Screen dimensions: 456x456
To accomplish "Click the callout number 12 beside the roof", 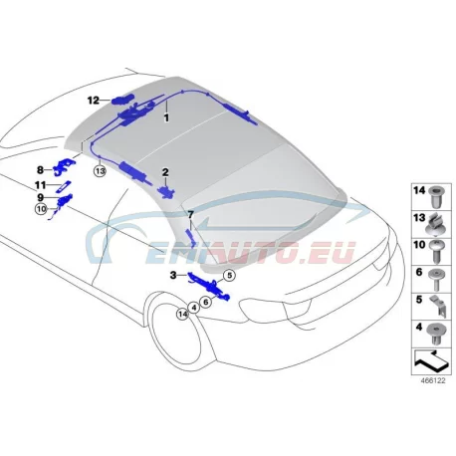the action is (x=94, y=100).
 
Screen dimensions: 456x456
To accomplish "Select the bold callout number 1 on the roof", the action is (x=166, y=117).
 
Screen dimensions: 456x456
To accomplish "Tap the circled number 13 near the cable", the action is (x=100, y=171).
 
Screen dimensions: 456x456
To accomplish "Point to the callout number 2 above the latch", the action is (x=165, y=172).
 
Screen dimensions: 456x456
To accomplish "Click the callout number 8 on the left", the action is (x=40, y=170).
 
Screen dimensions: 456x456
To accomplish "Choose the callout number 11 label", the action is (x=40, y=185).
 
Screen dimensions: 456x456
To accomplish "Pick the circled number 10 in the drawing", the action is (x=41, y=209).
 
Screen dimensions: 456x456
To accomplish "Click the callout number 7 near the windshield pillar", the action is (x=190, y=215).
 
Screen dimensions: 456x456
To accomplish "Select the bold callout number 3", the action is (x=173, y=275).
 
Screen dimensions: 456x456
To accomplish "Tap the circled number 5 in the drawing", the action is (x=229, y=275).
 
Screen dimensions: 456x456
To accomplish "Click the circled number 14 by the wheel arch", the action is (x=182, y=314).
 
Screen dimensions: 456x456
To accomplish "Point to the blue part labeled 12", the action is (x=122, y=100).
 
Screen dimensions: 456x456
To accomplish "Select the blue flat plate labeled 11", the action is (x=63, y=185).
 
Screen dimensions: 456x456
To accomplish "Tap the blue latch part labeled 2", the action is (x=167, y=192).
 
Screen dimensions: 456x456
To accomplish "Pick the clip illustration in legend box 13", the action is (x=435, y=224).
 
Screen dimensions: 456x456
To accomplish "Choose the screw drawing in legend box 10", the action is (x=436, y=251).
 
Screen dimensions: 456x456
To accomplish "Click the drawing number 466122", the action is (x=433, y=380).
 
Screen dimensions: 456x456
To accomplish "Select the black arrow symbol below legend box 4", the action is (x=431, y=361).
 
